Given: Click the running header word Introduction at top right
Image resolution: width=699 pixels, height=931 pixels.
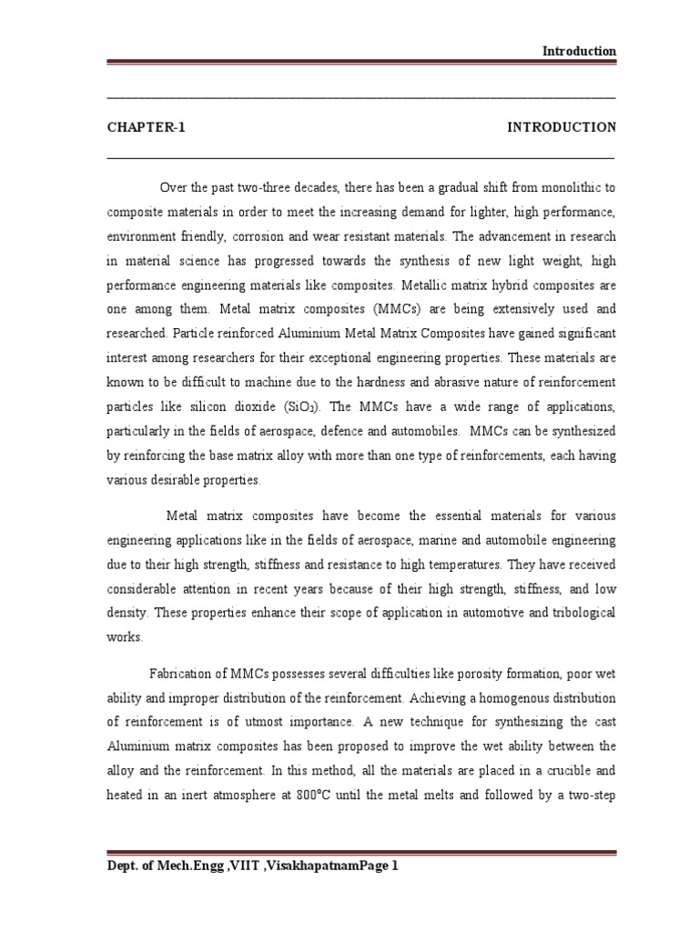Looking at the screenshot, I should (579, 51).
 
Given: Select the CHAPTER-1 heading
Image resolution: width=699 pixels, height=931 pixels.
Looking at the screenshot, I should (146, 127).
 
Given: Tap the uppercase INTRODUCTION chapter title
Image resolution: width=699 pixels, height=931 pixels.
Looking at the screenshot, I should (561, 127).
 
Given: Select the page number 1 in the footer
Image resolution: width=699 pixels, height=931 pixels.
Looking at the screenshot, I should (395, 866).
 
